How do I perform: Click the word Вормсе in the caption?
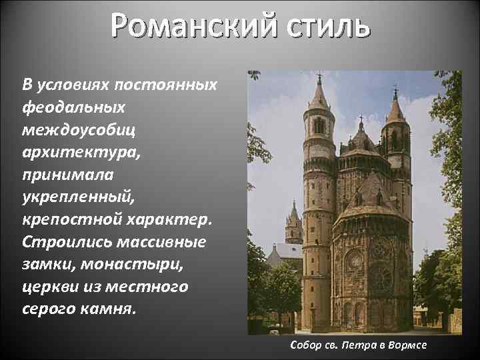(x=407, y=346)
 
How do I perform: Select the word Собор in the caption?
(x=305, y=346)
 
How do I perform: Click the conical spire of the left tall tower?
(x=319, y=97)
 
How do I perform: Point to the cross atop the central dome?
(x=361, y=123)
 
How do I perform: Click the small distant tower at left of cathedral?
(x=293, y=223)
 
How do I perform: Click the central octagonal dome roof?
(x=361, y=140)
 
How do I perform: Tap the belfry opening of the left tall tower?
(x=319, y=125)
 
